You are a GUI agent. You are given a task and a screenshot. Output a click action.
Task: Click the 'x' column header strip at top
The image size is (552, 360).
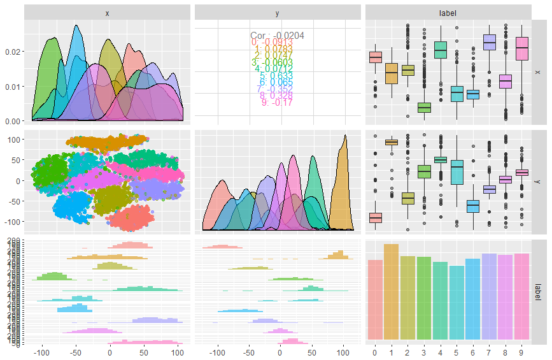107,12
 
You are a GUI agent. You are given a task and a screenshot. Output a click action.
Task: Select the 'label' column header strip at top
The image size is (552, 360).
448,12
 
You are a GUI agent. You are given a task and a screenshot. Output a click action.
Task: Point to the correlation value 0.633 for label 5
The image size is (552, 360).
277,75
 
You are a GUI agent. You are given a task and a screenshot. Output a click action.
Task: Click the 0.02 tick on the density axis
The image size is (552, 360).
11,51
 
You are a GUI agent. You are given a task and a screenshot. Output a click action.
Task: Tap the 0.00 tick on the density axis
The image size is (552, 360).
11,120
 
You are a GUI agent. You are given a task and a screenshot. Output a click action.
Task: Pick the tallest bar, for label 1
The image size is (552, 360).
391,292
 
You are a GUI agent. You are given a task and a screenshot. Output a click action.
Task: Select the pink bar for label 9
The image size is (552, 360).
522,296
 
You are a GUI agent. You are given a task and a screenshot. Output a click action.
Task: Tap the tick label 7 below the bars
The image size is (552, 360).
490,352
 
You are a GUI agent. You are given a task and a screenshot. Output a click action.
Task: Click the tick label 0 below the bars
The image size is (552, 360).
374,352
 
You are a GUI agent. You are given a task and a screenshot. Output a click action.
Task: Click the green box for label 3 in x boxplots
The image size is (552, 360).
424,107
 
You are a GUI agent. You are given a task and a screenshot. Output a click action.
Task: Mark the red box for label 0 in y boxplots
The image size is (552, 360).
374,218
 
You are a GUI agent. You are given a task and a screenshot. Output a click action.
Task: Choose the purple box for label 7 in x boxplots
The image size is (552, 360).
490,42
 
